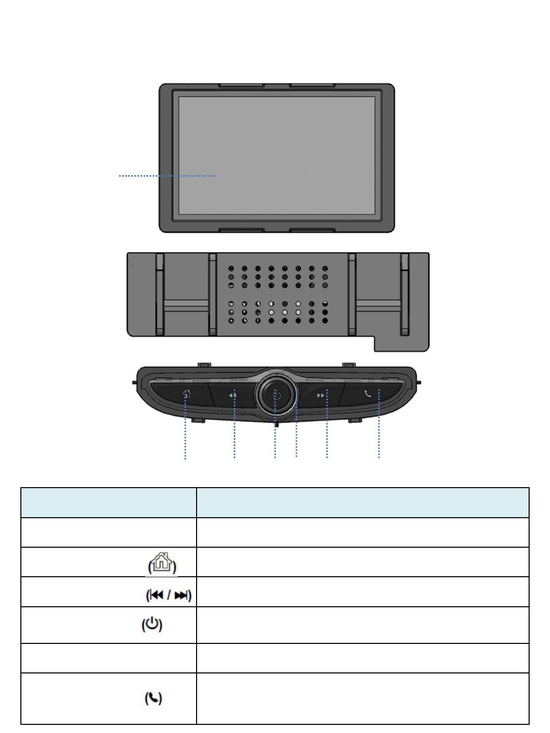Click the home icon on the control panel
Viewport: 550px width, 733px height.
(x=187, y=394)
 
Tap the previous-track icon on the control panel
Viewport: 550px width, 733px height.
(x=232, y=395)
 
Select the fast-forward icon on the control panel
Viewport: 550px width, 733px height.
(x=320, y=395)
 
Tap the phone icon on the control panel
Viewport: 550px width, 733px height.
(x=368, y=393)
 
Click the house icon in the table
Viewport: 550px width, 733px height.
(x=162, y=562)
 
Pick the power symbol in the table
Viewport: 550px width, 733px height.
(x=152, y=624)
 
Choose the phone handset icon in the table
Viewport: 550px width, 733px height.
(x=153, y=698)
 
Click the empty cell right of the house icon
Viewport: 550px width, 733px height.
(x=363, y=562)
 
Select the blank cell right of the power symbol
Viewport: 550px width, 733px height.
(x=363, y=625)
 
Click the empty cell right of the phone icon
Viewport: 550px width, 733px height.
(x=363, y=698)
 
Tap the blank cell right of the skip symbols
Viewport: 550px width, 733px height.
(x=363, y=591)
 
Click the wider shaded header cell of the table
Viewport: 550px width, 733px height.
(x=363, y=502)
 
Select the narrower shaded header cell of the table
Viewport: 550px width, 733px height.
(x=108, y=502)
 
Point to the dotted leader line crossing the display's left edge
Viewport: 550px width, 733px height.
(x=148, y=176)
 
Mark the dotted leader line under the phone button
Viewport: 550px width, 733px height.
(x=379, y=438)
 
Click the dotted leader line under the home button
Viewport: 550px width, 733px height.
(x=185, y=438)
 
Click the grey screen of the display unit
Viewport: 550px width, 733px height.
(x=277, y=155)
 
